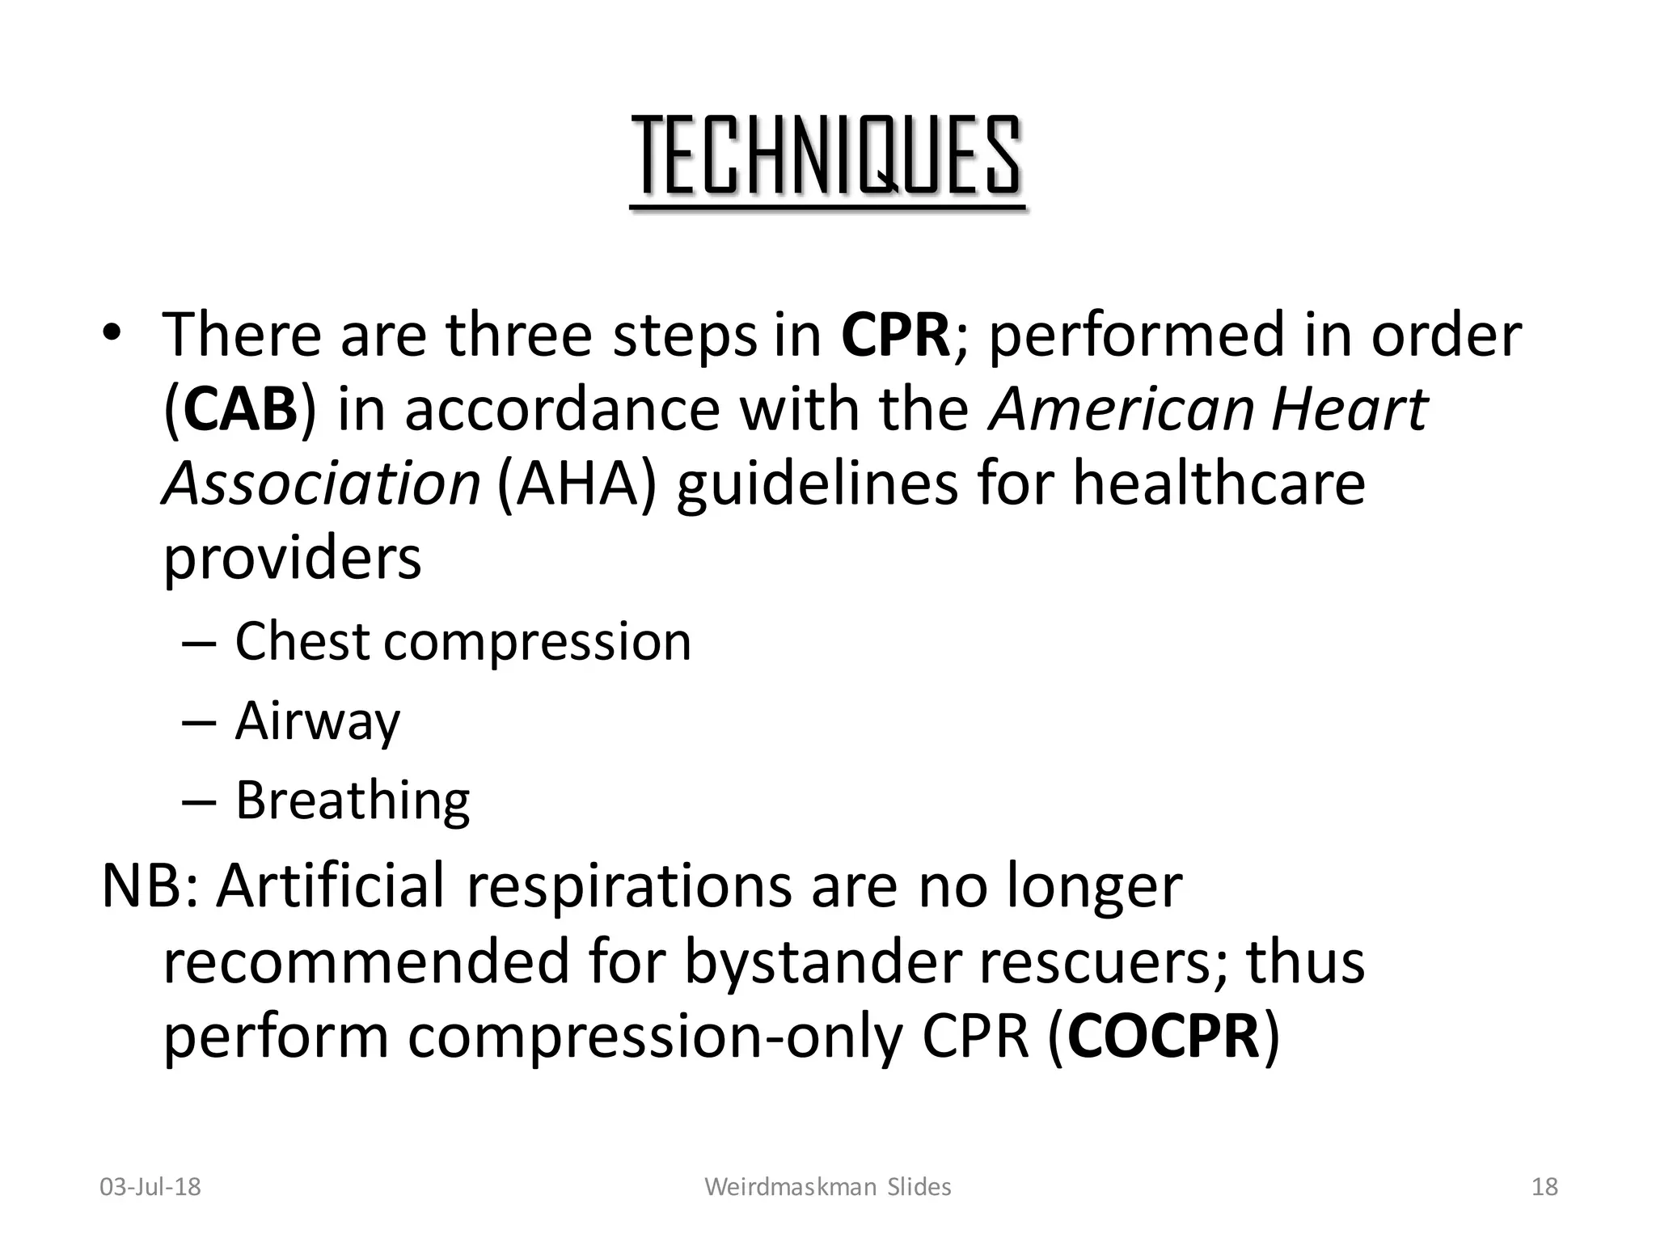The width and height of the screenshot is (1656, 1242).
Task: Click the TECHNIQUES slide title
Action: [828, 158]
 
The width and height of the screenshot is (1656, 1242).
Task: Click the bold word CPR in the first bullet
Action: [895, 335]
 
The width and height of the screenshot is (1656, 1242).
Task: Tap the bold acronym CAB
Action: [240, 409]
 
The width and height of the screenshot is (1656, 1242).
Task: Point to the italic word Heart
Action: [1349, 409]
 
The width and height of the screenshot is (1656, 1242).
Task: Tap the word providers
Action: [293, 558]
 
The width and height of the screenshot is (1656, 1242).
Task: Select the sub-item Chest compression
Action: [463, 642]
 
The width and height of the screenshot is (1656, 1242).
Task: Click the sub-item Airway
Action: [317, 720]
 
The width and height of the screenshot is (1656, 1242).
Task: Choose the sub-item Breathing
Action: [352, 801]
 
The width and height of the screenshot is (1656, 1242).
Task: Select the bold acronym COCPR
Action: [1164, 1037]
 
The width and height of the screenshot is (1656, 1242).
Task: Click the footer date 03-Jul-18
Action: [150, 1187]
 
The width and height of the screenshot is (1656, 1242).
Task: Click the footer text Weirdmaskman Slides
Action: [828, 1187]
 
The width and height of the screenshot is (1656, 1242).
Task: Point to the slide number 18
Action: [1544, 1187]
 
